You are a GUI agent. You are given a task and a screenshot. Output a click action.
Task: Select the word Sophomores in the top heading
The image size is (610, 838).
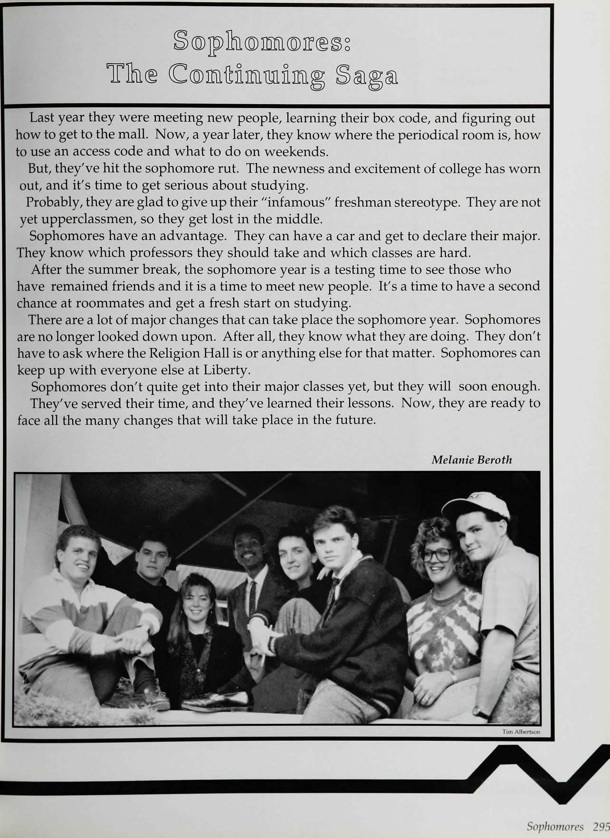(x=261, y=41)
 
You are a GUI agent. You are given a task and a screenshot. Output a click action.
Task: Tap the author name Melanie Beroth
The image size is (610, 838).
(x=472, y=460)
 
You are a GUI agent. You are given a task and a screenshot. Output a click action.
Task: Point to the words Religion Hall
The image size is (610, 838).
(x=177, y=353)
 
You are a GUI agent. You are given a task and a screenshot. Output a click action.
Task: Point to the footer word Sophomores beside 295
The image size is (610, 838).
(x=555, y=827)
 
